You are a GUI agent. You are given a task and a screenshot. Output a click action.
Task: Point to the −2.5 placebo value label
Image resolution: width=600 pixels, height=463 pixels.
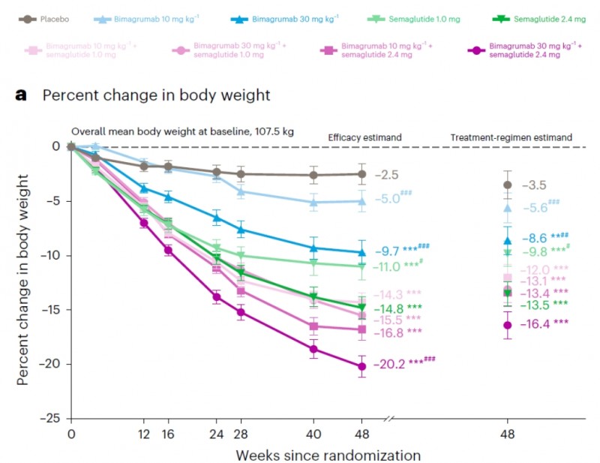click(x=388, y=175)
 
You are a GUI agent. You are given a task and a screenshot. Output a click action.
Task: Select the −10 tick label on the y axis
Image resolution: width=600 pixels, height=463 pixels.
click(x=48, y=255)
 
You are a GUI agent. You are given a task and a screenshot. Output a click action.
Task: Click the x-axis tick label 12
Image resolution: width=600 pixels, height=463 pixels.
click(x=144, y=434)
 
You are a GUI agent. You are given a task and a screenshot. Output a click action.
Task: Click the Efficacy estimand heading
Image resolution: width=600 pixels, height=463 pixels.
click(x=365, y=137)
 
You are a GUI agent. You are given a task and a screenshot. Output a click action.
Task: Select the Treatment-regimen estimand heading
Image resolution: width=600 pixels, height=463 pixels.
click(x=511, y=137)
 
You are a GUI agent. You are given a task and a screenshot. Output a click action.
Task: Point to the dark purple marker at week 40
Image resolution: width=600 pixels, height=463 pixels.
click(x=313, y=349)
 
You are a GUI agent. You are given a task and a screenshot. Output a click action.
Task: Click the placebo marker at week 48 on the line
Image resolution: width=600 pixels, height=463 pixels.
click(x=361, y=174)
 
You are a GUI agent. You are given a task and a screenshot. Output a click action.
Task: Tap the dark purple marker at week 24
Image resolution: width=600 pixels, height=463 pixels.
click(x=217, y=296)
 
